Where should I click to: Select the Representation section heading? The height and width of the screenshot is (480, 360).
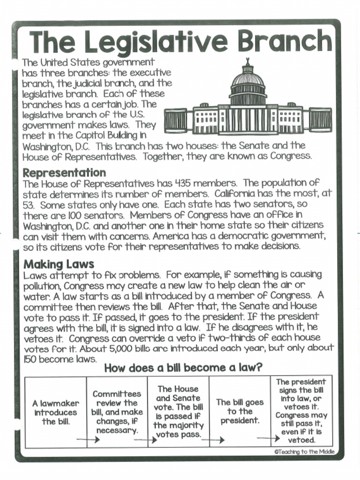coord(64,172)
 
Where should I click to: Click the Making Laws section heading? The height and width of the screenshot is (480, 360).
coord(59,264)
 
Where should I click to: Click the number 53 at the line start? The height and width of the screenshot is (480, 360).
coord(29,205)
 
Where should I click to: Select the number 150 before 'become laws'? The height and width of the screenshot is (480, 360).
coord(30,359)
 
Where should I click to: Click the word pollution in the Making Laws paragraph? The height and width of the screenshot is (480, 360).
coord(42,286)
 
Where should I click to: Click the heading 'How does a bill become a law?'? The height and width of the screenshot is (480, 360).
coord(183,368)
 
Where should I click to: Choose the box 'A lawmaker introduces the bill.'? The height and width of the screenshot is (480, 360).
coord(56,412)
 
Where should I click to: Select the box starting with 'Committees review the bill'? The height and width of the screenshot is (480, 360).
coord(117,412)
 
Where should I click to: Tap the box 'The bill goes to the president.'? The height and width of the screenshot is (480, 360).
coord(240,411)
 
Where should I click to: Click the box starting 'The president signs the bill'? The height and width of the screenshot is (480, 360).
coord(301,411)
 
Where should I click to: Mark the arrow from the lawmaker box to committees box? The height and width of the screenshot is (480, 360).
coord(88,440)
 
